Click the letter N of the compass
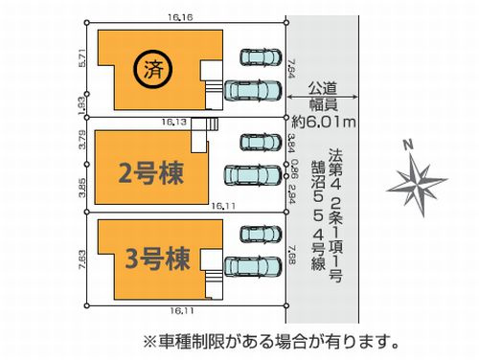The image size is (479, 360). [408, 146]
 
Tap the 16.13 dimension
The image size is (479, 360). [174, 123]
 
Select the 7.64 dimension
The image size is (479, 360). [292, 70]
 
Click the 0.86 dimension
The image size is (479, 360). [294, 166]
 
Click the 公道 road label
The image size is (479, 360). [324, 87]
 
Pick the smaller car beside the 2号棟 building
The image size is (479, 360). [257, 144]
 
